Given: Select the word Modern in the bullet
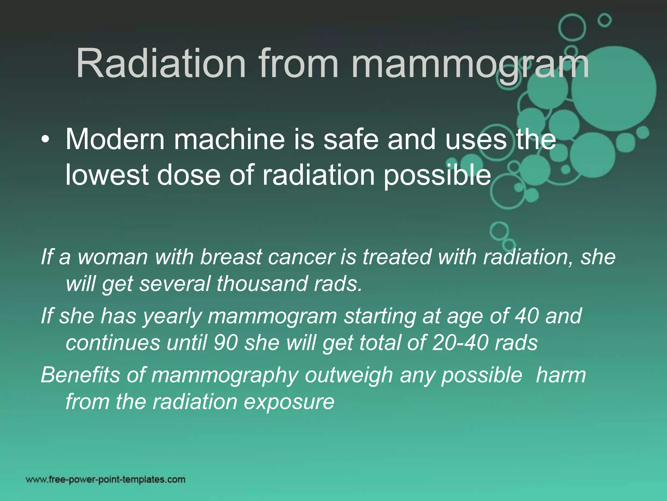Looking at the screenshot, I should (115, 140).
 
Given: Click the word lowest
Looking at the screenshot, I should (107, 175).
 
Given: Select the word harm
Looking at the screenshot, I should (561, 375).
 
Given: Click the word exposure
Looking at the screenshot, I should (289, 402).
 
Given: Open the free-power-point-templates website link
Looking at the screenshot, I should (106, 479).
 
